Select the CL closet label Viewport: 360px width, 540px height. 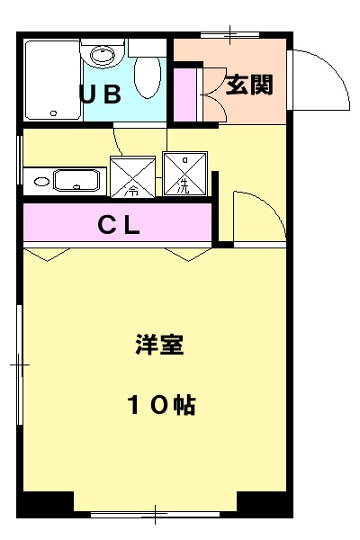pyautogui.click(x=119, y=226)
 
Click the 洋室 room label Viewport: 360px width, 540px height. pyautogui.click(x=160, y=346)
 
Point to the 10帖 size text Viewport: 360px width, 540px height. pyautogui.click(x=160, y=405)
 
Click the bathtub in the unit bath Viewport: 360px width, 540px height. pyautogui.click(x=52, y=81)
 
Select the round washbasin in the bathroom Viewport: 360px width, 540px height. pyautogui.click(x=103, y=56)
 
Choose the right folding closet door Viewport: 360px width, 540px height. pyautogui.click(x=186, y=255)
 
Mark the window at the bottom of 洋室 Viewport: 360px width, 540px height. pyautogui.click(x=155, y=516)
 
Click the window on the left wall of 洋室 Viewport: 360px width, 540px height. pyautogui.click(x=19, y=365)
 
